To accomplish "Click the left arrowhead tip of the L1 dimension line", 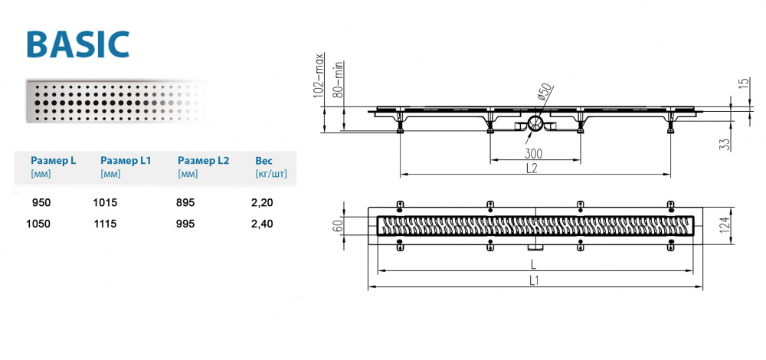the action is click(368, 286).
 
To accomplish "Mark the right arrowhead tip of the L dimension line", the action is click(694, 270).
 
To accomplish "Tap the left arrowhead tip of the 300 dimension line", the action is click(490, 160).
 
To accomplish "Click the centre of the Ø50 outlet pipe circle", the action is click(535, 123).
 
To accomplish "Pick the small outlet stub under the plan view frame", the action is click(535, 247).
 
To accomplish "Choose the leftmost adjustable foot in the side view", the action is click(400, 128).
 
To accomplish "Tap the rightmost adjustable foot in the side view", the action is click(670, 128).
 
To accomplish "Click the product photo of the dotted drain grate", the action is click(117, 101).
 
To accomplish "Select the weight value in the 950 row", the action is click(264, 202).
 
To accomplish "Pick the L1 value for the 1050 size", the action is click(105, 224).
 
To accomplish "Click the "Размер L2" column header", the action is click(204, 161).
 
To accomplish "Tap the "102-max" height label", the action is click(320, 75).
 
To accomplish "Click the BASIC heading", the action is click(78, 44).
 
